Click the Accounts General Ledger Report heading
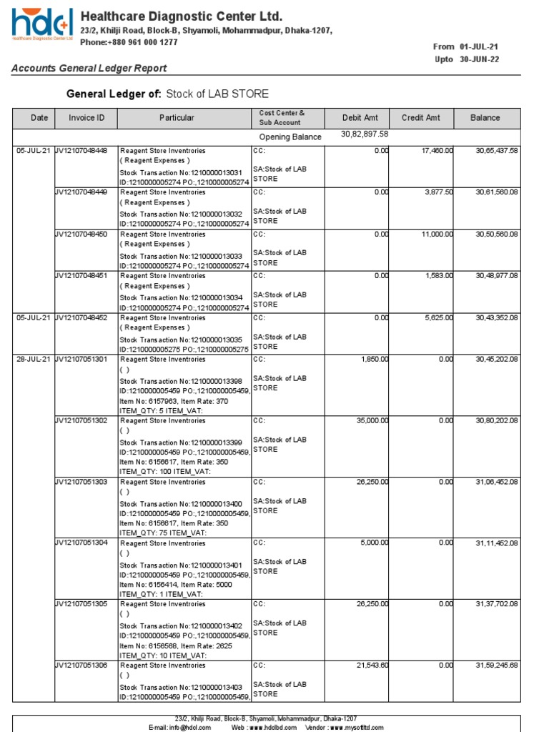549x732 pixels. (x=89, y=68)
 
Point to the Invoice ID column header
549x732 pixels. (x=86, y=118)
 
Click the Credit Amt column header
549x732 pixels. (x=421, y=118)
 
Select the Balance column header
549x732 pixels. (x=485, y=118)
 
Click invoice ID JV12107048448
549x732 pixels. (x=81, y=151)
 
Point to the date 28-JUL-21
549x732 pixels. (x=34, y=359)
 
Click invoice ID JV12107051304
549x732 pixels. (x=81, y=543)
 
